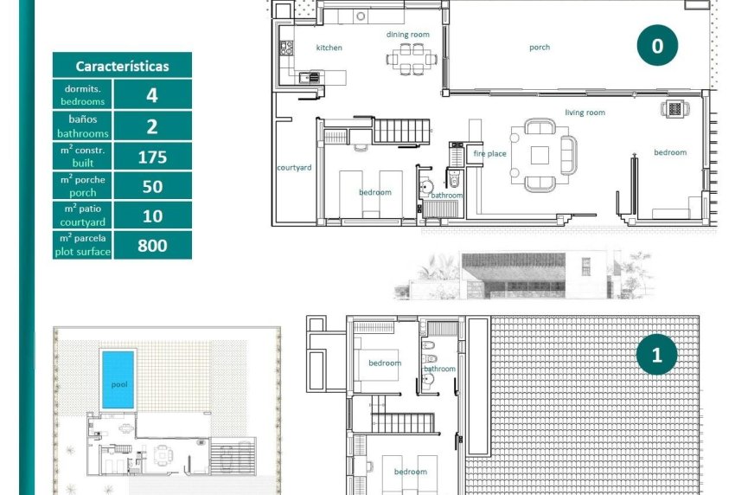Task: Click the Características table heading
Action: (x=122, y=66)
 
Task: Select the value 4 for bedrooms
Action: (x=152, y=94)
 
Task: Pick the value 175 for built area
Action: (x=152, y=157)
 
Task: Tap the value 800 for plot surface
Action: (x=152, y=246)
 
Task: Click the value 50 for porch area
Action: (x=152, y=187)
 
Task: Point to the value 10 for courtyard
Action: (x=152, y=216)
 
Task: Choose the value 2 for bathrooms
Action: (x=152, y=126)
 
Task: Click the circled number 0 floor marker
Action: (x=657, y=46)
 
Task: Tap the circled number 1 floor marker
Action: (x=656, y=355)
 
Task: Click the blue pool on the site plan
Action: (x=118, y=381)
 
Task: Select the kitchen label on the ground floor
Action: (x=329, y=48)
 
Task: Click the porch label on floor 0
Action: (x=539, y=48)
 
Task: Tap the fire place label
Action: (x=489, y=154)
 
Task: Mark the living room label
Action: (x=585, y=112)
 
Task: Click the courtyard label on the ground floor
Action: (x=294, y=168)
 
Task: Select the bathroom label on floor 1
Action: (x=439, y=369)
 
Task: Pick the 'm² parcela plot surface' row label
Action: (x=84, y=246)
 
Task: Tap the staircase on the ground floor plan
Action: (x=400, y=132)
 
